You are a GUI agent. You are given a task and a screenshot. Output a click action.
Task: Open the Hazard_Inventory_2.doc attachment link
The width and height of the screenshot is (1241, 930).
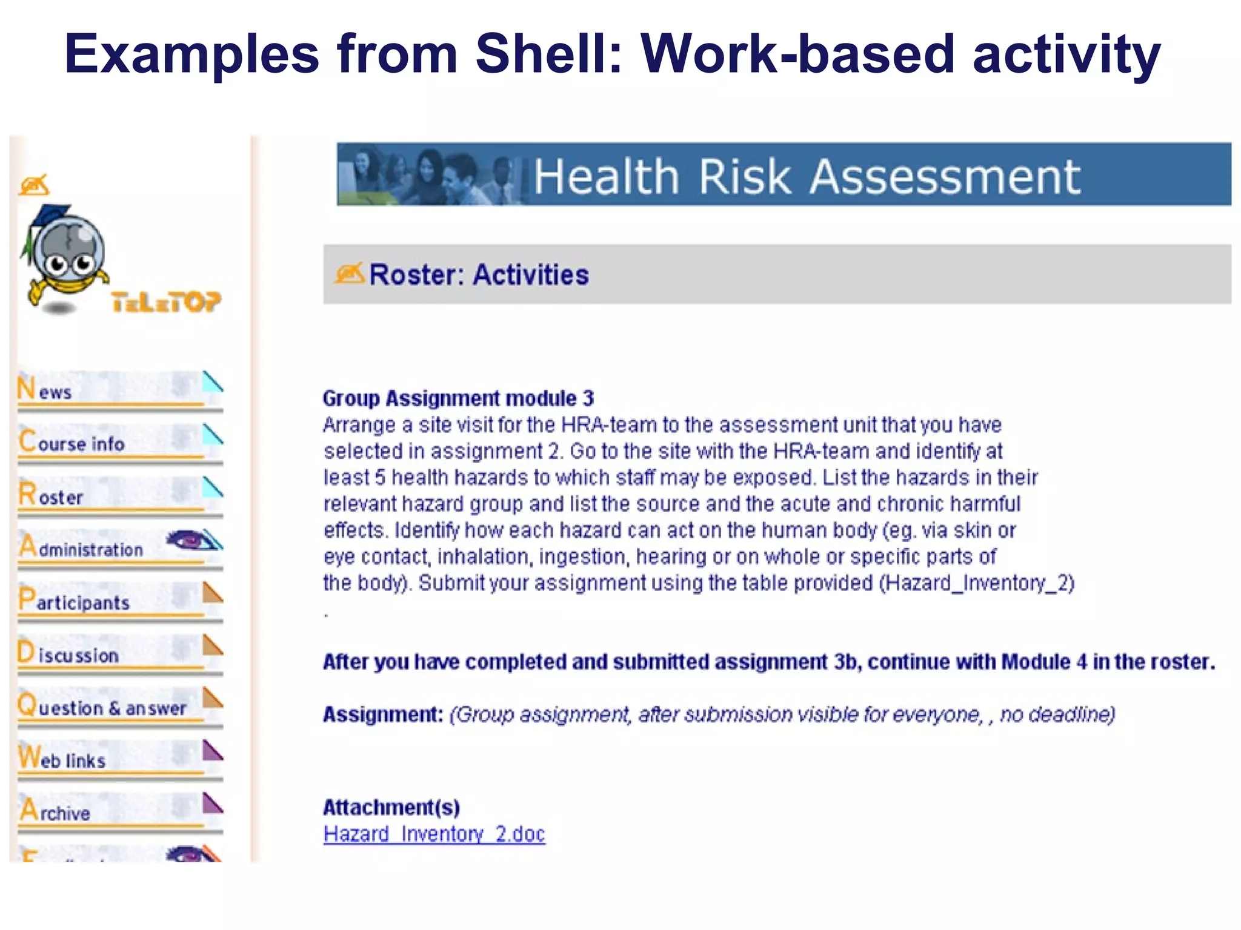click(x=434, y=834)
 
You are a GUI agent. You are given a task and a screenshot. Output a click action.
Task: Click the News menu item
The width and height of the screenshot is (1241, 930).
click(x=45, y=389)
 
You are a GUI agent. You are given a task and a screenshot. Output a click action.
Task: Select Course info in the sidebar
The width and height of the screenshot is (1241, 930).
click(x=72, y=442)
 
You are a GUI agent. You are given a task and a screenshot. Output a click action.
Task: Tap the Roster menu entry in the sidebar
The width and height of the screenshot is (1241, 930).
click(x=52, y=495)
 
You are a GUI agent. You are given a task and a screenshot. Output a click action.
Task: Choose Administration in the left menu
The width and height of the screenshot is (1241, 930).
click(x=81, y=548)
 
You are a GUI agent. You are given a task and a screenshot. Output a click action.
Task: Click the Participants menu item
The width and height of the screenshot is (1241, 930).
click(x=75, y=601)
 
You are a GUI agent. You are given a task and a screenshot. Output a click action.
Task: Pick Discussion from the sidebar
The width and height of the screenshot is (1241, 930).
click(x=68, y=654)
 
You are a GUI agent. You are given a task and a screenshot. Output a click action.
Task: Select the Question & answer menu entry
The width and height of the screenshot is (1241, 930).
click(x=102, y=707)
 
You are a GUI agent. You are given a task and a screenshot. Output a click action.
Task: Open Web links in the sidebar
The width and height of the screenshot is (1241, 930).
click(x=62, y=759)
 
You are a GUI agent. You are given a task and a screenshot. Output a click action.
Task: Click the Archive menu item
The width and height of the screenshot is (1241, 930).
click(x=55, y=812)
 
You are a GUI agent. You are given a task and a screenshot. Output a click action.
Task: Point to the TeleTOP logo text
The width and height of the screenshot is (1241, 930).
click(x=166, y=302)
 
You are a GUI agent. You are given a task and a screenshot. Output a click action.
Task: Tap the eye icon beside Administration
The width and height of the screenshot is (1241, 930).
click(x=190, y=539)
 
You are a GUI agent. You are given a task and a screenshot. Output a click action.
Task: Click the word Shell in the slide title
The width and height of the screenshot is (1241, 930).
click(x=549, y=54)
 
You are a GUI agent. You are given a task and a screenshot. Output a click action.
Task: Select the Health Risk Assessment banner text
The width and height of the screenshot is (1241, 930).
click(x=807, y=177)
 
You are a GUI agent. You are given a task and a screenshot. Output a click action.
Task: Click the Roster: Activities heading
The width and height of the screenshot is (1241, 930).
click(x=479, y=275)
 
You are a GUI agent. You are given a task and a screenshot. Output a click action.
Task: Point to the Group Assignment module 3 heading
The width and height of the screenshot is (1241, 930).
click(x=458, y=398)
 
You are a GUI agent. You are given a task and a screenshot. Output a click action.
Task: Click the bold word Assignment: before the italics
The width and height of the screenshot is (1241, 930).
click(x=383, y=715)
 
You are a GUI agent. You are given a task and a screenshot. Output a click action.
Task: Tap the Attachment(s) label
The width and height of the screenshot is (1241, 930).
click(x=391, y=808)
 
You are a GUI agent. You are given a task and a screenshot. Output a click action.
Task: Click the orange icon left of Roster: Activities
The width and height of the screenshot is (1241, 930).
click(x=349, y=274)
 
